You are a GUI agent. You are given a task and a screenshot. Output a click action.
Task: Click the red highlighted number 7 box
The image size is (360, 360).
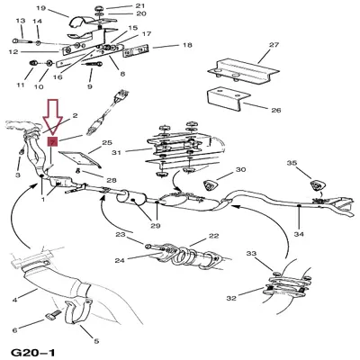click(x=52, y=141)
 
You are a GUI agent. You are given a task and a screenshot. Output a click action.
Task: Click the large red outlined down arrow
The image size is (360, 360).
click(x=52, y=117)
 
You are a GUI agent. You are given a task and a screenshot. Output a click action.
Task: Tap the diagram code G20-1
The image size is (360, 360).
click(x=33, y=352)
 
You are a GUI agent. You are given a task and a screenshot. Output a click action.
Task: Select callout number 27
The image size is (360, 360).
click(x=274, y=45)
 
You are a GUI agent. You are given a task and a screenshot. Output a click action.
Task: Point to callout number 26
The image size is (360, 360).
click(x=276, y=110)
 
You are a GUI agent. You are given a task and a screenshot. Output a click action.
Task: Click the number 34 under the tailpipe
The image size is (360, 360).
click(x=299, y=234)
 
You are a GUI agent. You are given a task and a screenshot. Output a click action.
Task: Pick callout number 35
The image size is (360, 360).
click(x=292, y=163)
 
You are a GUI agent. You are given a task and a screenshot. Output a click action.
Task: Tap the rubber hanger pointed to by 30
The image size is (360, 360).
click(x=210, y=185)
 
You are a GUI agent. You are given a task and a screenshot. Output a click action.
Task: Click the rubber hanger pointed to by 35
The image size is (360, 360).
click(x=317, y=184)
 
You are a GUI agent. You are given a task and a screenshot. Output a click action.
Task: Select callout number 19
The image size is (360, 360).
click(x=40, y=8)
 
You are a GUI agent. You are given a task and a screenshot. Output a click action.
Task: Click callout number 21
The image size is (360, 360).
click(x=139, y=5)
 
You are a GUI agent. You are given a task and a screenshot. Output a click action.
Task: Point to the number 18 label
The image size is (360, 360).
click(x=187, y=45)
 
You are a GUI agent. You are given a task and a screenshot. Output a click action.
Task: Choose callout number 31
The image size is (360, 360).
click(x=116, y=152)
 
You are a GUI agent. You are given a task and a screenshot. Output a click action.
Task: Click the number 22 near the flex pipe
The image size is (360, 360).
click(x=213, y=236)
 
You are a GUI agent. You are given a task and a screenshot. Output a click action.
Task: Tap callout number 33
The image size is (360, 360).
click(x=251, y=254)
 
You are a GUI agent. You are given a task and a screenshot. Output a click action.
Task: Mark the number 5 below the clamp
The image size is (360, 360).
click(x=96, y=341)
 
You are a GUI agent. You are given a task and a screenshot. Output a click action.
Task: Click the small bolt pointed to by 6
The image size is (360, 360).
click(x=54, y=315)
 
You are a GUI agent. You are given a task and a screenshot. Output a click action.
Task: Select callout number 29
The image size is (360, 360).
click(x=156, y=226)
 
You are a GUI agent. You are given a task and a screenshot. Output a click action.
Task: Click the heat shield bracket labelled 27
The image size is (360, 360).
click(x=243, y=71)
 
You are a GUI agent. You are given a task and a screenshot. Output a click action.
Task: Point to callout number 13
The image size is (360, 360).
click(x=21, y=21)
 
